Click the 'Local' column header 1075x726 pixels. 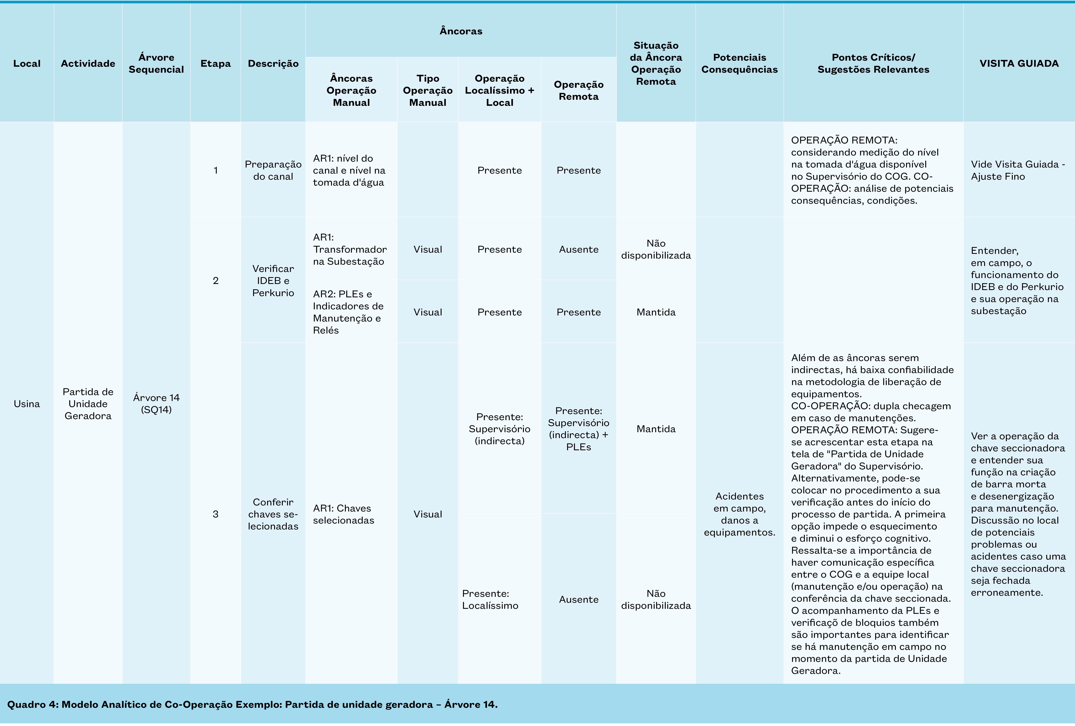click(27, 63)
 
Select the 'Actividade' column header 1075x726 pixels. click(88, 63)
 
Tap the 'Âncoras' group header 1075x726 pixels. click(461, 31)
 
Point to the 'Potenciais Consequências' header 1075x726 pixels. click(739, 63)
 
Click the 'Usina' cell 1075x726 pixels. click(27, 403)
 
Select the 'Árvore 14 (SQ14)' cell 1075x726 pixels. click(156, 403)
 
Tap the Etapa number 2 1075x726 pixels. click(216, 280)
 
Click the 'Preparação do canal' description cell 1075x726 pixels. click(273, 170)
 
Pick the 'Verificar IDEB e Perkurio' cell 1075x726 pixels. click(273, 280)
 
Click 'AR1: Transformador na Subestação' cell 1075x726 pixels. click(350, 249)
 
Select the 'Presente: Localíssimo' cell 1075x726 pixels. click(490, 599)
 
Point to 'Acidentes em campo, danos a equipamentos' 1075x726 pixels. click(739, 514)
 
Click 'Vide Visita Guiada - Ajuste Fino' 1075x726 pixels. click(1018, 170)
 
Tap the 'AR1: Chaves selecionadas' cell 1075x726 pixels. click(343, 514)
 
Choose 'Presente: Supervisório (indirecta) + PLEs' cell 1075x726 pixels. click(578, 428)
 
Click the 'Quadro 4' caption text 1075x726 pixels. click(252, 704)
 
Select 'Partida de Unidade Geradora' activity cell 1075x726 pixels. click(88, 403)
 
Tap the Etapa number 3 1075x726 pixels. click(216, 514)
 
